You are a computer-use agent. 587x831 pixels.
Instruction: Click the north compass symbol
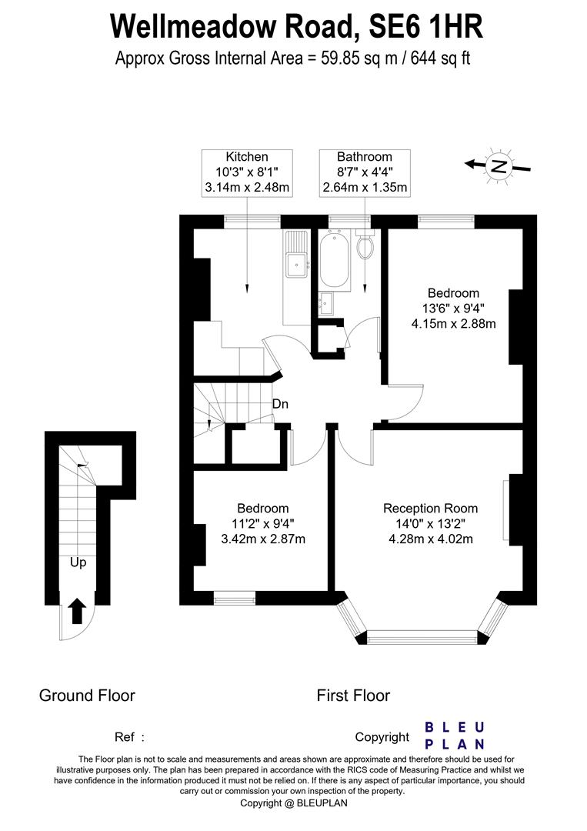[x=499, y=165]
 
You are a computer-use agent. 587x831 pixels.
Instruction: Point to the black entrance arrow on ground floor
[x=77, y=612]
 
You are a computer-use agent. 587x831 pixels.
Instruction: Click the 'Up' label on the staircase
[x=78, y=562]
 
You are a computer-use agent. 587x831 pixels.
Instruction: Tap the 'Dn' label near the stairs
[x=280, y=403]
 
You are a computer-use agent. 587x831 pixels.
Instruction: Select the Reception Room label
[x=430, y=509]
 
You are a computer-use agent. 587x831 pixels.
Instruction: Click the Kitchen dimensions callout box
[x=247, y=172]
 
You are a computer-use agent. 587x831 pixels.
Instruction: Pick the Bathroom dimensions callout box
[x=365, y=172]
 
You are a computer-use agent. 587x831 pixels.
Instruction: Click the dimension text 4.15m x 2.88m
[x=453, y=323]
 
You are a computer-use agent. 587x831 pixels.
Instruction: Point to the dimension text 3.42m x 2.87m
[x=263, y=539]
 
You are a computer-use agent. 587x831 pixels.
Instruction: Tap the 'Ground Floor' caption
[x=87, y=696]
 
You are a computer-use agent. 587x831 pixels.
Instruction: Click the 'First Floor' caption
[x=353, y=696]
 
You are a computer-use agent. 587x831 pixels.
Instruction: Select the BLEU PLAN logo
[x=455, y=735]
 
